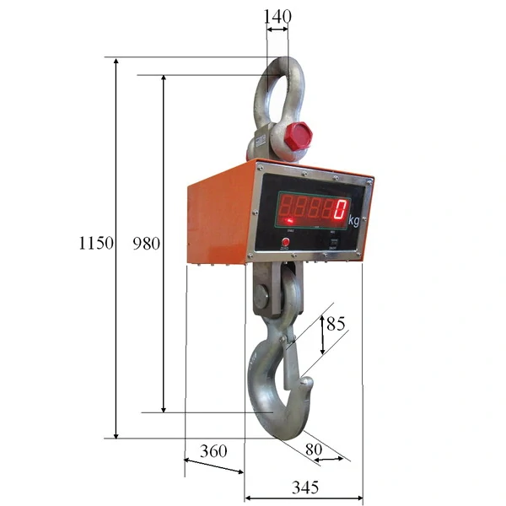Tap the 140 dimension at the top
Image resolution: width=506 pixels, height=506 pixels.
point(277,15)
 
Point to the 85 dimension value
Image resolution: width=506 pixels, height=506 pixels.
point(335,323)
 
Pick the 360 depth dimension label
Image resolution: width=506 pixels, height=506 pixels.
point(213,451)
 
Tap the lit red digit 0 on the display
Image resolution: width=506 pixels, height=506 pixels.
point(342,207)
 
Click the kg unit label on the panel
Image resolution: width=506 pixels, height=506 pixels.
point(353,220)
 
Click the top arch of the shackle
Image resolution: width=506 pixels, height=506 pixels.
point(277,61)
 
